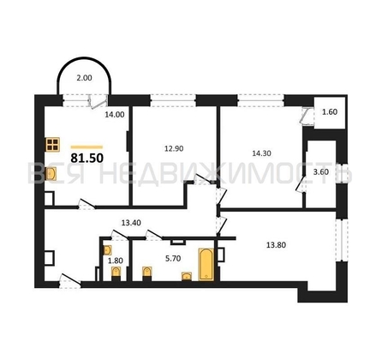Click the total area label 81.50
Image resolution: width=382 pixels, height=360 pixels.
(87, 158)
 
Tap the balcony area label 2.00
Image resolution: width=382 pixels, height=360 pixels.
(84, 78)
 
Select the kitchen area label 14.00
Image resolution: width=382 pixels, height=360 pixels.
(115, 115)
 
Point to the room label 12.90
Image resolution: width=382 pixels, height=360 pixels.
(174, 148)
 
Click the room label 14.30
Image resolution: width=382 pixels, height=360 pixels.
(261, 153)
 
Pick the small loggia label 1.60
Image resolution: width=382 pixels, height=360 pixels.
(330, 112)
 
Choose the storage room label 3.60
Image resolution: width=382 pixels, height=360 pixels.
(321, 172)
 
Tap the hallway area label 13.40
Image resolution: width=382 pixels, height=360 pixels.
(131, 223)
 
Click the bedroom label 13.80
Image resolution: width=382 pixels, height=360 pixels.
(276, 245)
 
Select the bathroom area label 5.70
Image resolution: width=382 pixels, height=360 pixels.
(173, 259)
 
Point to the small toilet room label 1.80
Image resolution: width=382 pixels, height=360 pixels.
(116, 261)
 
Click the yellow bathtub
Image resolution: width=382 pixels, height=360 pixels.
(206, 264)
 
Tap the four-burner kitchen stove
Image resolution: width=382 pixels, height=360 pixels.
(52, 145)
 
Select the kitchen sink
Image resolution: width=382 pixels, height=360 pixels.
(51, 174)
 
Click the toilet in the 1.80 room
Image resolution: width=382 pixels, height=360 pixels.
(116, 273)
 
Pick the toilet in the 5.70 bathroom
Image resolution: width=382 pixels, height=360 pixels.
(147, 273)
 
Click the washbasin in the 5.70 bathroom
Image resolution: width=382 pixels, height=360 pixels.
(187, 276)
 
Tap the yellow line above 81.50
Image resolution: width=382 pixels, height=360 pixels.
(87, 147)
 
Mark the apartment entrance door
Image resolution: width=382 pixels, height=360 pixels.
(70, 281)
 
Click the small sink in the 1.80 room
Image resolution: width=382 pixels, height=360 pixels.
(107, 250)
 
